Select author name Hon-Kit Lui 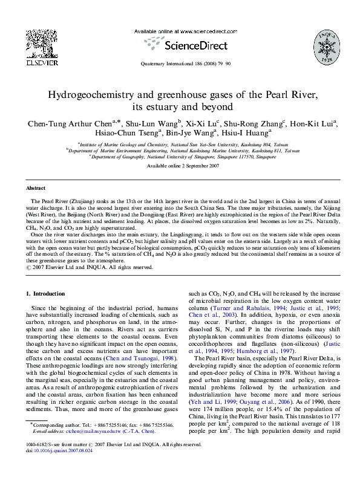pos(310,124)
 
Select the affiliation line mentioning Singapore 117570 pos(180,156)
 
